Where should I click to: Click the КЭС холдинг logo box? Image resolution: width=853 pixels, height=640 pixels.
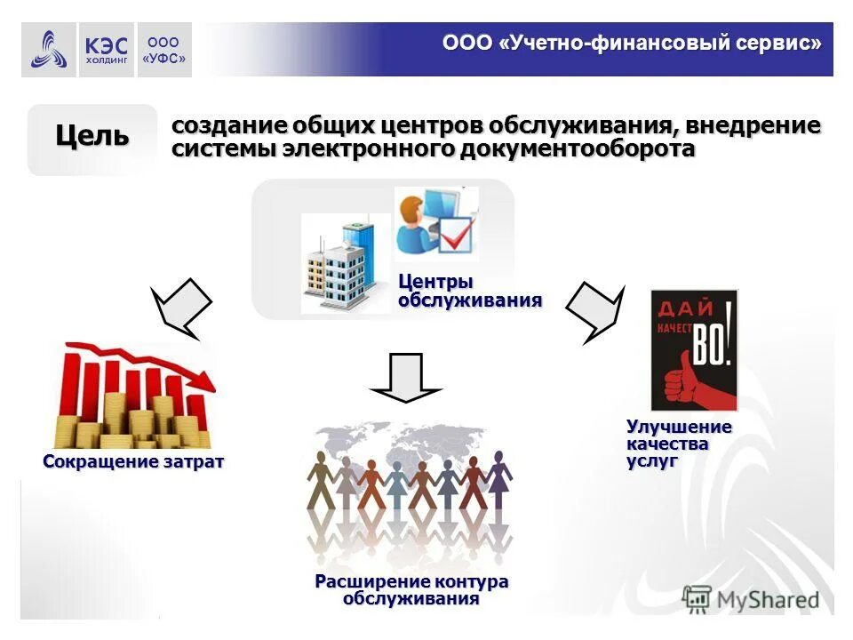tap(106, 50)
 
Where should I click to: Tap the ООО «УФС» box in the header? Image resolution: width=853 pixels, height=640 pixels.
tap(163, 50)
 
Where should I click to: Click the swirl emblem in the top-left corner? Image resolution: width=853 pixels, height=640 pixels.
tap(49, 50)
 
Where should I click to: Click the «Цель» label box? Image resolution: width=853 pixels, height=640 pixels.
tap(92, 136)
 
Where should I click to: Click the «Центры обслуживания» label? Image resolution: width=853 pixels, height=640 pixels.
tap(469, 291)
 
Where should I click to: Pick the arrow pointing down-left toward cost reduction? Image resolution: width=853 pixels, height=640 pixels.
tap(181, 307)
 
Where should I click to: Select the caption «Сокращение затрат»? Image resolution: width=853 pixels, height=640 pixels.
tap(133, 462)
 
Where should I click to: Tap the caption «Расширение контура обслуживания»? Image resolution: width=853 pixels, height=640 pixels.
tap(411, 590)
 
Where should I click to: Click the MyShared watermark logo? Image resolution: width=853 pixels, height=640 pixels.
tap(751, 599)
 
